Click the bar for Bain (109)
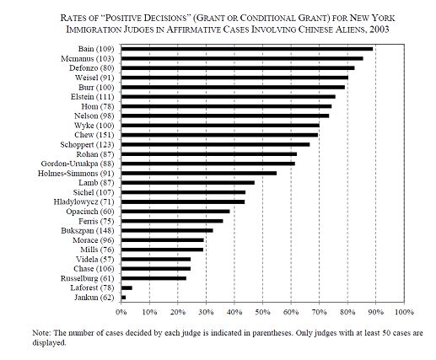[x=247, y=49]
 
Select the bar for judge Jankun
[x=123, y=298]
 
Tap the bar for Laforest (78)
[x=126, y=287]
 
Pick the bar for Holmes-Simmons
[x=199, y=173]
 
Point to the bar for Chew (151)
[x=219, y=135]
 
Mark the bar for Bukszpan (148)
[x=167, y=230]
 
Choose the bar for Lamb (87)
[x=188, y=183]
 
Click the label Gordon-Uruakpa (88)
[x=78, y=164]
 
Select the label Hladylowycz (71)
[x=84, y=202]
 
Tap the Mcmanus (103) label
[x=88, y=59]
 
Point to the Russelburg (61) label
[x=88, y=278]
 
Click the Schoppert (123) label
[x=87, y=145]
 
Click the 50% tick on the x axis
[x=262, y=303]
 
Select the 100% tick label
[x=404, y=312]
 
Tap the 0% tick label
[x=121, y=312]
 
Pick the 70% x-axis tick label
[x=320, y=312]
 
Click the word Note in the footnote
[x=41, y=333]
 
